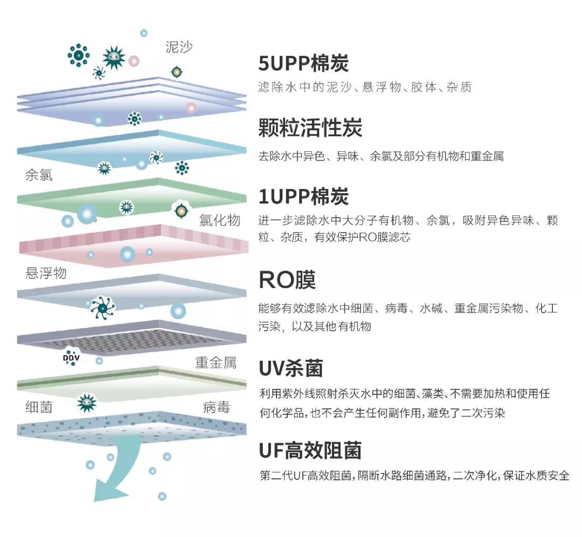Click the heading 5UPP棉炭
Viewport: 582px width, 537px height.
coord(303,64)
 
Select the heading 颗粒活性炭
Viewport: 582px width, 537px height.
coord(310,128)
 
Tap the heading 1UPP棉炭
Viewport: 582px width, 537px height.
coord(303,197)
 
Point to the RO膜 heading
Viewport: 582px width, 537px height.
coord(287,280)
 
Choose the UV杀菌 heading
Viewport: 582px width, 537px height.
coord(290,369)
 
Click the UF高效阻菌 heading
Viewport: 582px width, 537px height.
coord(310,450)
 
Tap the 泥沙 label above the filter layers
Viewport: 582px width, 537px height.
coord(179,47)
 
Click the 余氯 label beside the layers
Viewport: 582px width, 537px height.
coord(39,176)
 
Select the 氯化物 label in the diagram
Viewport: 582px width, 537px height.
coord(219,220)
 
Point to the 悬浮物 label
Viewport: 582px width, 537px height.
coord(46,273)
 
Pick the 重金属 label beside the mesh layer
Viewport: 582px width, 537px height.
coord(216,362)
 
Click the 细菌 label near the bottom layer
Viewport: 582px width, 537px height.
coord(39,407)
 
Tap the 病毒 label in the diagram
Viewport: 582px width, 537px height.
coord(217,407)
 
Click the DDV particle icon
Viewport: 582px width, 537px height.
coord(71,357)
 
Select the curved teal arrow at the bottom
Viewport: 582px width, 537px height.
coord(116,474)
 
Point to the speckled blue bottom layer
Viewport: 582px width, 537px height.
coord(132,426)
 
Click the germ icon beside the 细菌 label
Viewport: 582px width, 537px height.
coord(86,402)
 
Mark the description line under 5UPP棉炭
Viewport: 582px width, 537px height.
coord(365,87)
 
